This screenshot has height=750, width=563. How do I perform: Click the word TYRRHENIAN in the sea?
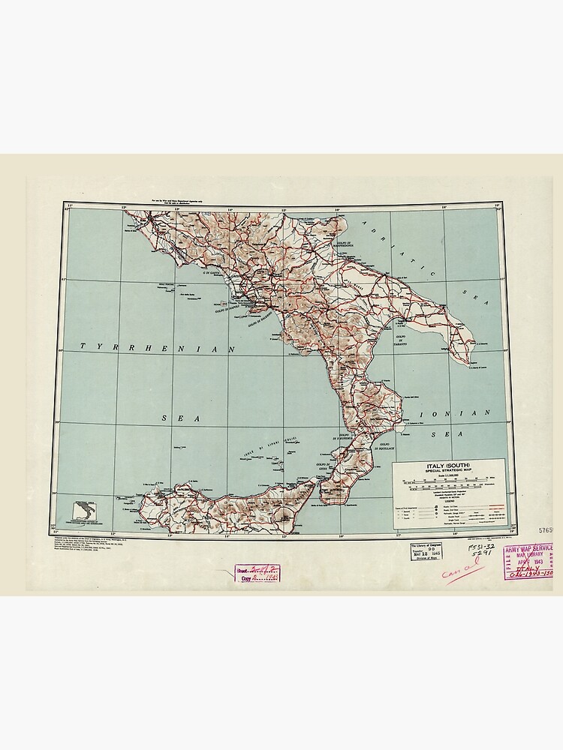158,347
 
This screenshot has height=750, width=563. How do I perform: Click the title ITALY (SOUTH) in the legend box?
448,466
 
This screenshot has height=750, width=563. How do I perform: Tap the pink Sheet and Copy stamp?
257,574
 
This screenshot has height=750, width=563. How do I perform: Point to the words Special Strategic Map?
448,472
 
